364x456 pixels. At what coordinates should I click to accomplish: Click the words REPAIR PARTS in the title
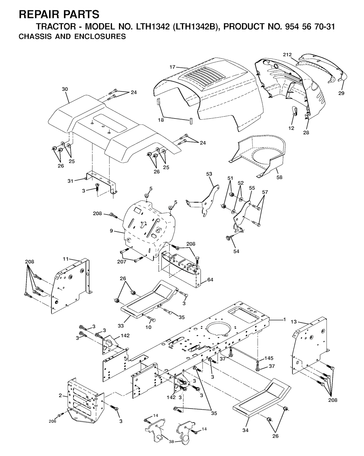tap(59, 15)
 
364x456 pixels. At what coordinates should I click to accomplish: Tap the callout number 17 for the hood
tap(172, 67)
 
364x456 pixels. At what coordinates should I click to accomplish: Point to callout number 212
tap(287, 55)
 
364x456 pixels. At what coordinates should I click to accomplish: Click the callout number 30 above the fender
tap(65, 89)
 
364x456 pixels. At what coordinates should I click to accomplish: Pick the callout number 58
tap(279, 177)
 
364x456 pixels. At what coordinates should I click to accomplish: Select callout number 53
tap(209, 174)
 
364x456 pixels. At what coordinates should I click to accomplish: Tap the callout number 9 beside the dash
tap(111, 231)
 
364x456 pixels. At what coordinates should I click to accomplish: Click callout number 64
tap(210, 280)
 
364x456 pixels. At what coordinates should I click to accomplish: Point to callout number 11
tap(66, 259)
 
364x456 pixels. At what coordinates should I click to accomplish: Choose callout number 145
tap(269, 358)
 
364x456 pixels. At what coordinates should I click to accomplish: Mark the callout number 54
tap(236, 251)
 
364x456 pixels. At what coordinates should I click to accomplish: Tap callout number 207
tap(122, 262)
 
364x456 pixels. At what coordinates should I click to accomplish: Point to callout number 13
tap(294, 322)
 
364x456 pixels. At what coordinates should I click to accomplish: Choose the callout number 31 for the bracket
tap(70, 181)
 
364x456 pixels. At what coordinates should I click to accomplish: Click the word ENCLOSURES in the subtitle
tap(100, 37)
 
